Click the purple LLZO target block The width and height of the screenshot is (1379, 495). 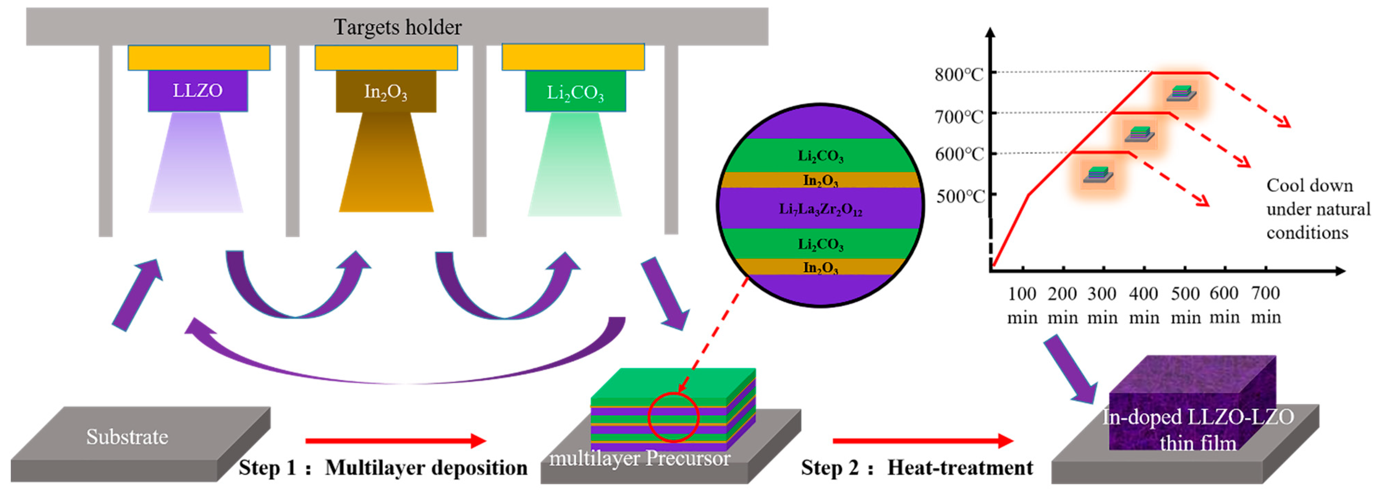[198, 91]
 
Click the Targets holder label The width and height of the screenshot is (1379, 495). [397, 27]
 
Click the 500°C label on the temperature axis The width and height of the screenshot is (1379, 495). [960, 197]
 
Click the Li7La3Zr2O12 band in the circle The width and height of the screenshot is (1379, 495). [820, 208]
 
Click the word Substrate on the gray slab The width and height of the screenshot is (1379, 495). [127, 437]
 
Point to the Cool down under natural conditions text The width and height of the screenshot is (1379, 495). [1317, 209]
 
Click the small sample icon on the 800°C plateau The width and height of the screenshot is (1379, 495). [1181, 93]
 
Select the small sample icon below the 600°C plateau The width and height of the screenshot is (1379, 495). [1098, 175]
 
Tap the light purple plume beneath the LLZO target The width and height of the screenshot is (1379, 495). [196, 166]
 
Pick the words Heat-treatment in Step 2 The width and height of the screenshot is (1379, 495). [960, 467]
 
